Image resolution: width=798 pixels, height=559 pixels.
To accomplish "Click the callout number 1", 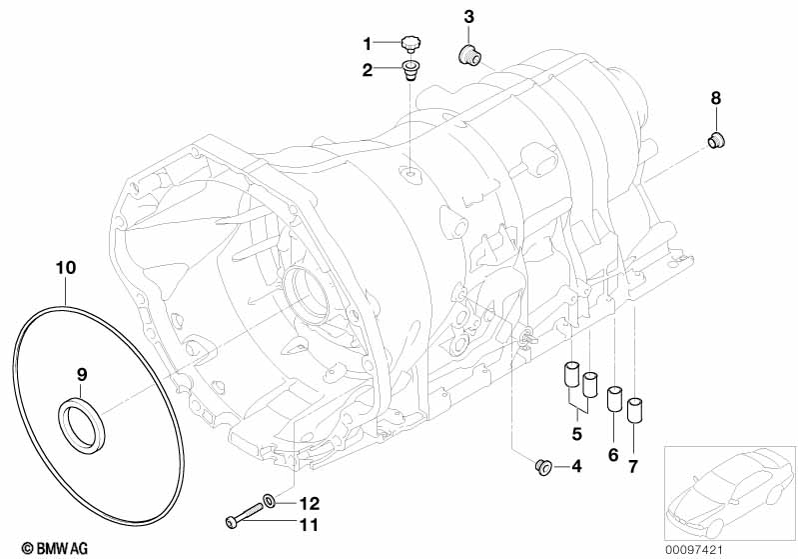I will (367, 44).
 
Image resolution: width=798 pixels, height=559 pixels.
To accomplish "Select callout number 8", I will (715, 98).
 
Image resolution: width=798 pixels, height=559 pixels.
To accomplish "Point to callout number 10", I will (65, 269).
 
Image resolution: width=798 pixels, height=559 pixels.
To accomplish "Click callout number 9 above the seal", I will (83, 374).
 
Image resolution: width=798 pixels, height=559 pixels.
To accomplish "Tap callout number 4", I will (576, 466).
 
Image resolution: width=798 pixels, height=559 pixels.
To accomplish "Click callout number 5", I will (576, 433).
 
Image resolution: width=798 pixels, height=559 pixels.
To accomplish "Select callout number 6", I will (613, 456).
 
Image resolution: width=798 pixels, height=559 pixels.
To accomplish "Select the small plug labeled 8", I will (715, 140).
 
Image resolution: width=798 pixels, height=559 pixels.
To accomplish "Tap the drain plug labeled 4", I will (545, 466).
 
